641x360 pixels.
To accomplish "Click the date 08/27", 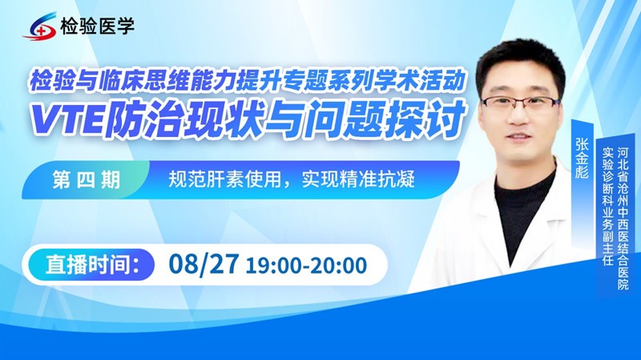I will (x=204, y=263).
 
